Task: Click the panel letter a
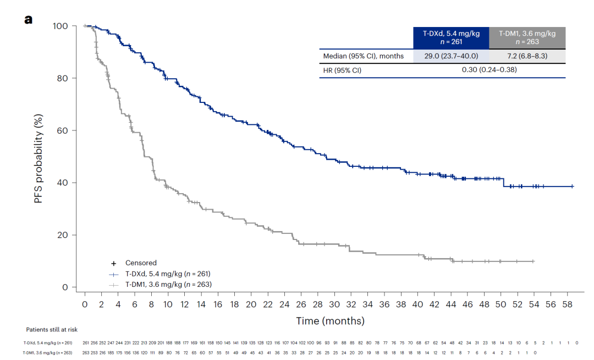[x=28, y=20]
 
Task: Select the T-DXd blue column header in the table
[x=451, y=37]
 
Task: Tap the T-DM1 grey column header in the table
[x=527, y=37]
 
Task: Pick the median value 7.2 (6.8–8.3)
[x=527, y=56]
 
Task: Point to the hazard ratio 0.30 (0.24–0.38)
[x=489, y=70]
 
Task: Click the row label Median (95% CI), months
[x=363, y=56]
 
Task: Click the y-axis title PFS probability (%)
[x=39, y=158]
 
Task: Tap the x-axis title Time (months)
[x=330, y=320]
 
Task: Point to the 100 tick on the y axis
[x=61, y=26]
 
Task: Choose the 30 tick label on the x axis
[x=334, y=304]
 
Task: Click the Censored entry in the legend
[x=141, y=263]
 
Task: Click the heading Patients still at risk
[x=52, y=329]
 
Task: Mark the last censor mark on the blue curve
[x=573, y=187]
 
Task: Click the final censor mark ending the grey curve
[x=533, y=261]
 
